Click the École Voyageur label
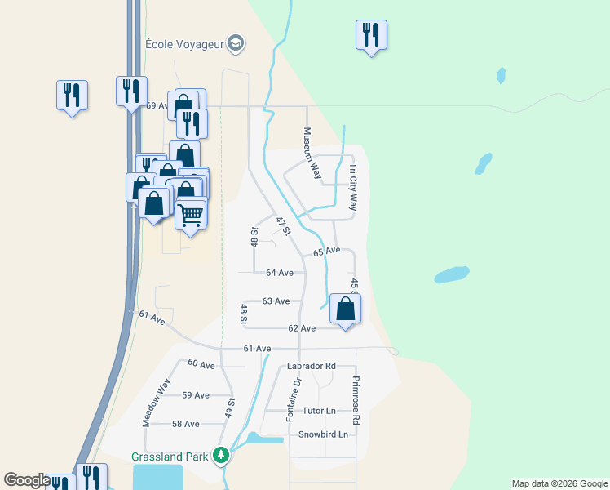[x=183, y=43]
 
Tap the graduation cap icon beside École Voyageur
[x=236, y=43]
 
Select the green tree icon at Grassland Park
[x=220, y=455]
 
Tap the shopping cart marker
[x=191, y=216]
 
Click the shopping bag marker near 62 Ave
[x=346, y=310]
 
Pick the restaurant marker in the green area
[x=371, y=35]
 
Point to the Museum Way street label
[x=310, y=153]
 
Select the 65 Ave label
[x=326, y=252]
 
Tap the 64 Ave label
[x=279, y=273]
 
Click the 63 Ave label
[x=276, y=301]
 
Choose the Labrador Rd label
[x=312, y=367]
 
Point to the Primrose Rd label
[x=356, y=400]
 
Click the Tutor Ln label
[x=319, y=411]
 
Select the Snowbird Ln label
[x=323, y=434]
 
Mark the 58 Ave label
[x=186, y=424]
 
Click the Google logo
[x=27, y=480]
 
